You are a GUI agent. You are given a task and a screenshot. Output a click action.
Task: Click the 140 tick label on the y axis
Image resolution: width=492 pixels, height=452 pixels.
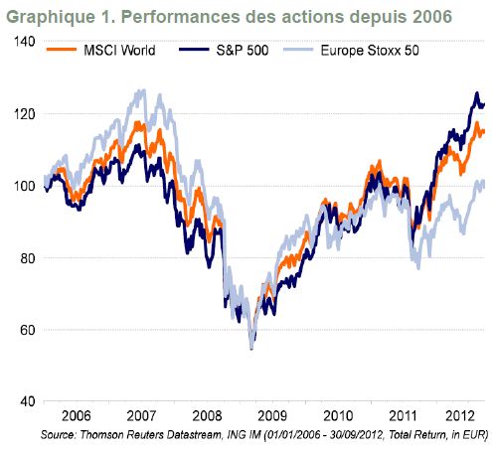(x=24, y=42)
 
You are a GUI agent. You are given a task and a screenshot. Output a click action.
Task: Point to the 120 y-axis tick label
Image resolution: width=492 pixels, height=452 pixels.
(x=24, y=114)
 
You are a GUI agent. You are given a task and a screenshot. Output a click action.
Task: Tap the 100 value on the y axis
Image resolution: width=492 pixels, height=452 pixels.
(x=24, y=186)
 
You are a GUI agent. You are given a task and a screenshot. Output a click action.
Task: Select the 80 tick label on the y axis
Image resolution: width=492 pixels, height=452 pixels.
(x=28, y=258)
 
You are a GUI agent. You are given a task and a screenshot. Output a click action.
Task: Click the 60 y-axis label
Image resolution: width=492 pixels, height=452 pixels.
(x=28, y=330)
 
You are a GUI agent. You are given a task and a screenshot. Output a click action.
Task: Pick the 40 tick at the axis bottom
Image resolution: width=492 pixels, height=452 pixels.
(x=28, y=402)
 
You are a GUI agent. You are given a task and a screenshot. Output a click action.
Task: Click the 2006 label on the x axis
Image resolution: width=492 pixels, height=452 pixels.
(x=77, y=416)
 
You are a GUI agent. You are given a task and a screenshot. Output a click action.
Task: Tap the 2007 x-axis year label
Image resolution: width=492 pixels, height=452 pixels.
(x=141, y=416)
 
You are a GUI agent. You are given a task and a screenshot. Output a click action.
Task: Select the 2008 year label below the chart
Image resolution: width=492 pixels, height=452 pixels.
(x=207, y=416)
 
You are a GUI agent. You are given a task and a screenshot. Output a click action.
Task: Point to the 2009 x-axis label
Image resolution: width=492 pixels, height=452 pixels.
(x=272, y=416)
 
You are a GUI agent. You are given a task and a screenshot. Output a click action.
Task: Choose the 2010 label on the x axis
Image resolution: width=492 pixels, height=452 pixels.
(x=338, y=416)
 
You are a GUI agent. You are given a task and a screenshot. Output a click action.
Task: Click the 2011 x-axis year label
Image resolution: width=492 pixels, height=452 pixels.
(x=403, y=416)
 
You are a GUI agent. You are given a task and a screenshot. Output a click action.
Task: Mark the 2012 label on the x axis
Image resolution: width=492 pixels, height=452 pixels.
(x=459, y=416)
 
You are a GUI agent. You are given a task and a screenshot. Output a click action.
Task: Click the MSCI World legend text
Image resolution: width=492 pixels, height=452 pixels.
(x=119, y=51)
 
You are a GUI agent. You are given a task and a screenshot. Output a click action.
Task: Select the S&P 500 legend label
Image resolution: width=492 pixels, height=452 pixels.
(x=243, y=51)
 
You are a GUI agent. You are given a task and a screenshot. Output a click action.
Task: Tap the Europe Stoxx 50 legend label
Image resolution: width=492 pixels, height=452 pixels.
(x=370, y=51)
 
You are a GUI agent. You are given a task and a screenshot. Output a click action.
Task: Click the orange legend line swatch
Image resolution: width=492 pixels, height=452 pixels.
(x=62, y=50)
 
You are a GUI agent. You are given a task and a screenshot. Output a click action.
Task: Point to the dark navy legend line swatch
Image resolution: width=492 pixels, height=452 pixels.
(x=194, y=50)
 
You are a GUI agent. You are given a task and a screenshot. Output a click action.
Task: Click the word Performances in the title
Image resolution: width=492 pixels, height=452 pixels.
(x=180, y=17)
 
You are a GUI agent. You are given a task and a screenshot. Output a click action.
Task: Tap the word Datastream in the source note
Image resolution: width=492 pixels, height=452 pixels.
(x=194, y=434)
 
